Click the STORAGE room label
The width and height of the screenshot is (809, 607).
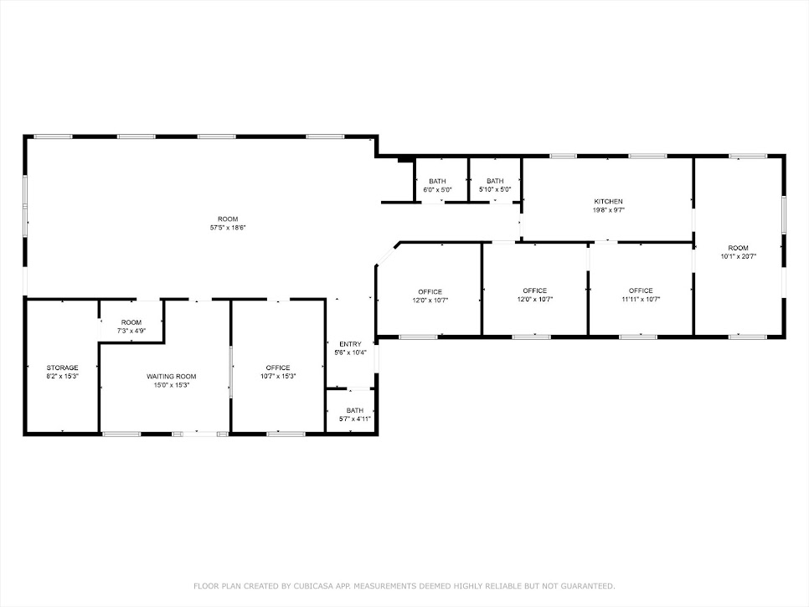[x=63, y=368]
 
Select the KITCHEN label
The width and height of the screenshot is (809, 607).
[x=608, y=202]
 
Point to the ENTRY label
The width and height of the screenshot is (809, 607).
[x=350, y=344]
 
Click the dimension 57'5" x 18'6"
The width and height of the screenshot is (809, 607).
[x=227, y=228]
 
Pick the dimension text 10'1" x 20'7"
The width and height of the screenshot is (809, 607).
[x=738, y=257]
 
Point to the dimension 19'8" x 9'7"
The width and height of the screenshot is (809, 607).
[x=608, y=210]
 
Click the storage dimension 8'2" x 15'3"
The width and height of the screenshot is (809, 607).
[x=63, y=377]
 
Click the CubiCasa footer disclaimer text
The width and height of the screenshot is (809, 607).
[x=404, y=586]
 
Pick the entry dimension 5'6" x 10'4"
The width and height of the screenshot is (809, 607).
[x=350, y=352]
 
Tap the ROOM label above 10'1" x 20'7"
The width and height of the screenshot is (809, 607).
[x=738, y=248]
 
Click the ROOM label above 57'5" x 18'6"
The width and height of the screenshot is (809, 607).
[x=227, y=219]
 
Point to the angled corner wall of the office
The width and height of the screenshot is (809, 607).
[x=386, y=255]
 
